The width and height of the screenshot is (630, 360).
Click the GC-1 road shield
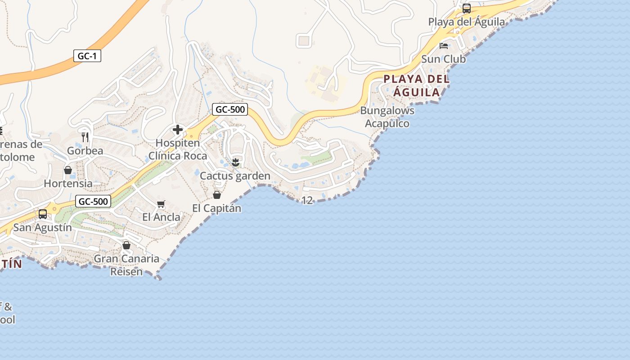tap(87, 56)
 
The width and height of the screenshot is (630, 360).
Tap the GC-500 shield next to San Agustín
tap(93, 202)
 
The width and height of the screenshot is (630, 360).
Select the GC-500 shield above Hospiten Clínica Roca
tap(230, 109)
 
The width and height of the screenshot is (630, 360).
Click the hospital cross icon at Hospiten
tap(178, 130)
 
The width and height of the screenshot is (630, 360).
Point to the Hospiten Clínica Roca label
tap(178, 149)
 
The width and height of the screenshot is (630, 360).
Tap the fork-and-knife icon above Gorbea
tap(85, 137)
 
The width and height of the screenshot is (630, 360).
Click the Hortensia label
tap(68, 184)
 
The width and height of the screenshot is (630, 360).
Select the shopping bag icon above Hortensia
tap(68, 170)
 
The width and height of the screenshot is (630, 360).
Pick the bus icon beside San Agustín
tap(43, 214)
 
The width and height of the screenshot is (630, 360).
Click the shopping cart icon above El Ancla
tap(161, 204)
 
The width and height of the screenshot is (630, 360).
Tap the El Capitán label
tap(216, 208)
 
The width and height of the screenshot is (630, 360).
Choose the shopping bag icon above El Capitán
tap(217, 195)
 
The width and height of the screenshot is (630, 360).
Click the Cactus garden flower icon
tap(235, 162)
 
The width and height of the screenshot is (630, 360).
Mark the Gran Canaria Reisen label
tap(126, 265)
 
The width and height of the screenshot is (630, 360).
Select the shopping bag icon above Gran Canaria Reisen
tap(126, 245)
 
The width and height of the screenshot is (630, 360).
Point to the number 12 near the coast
tap(307, 200)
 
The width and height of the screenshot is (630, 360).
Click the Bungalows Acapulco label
tap(387, 117)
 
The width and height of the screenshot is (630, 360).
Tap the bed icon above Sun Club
tap(444, 46)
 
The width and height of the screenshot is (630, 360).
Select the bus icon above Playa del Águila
tap(467, 9)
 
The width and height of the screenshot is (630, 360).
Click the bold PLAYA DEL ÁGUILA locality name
tap(416, 85)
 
